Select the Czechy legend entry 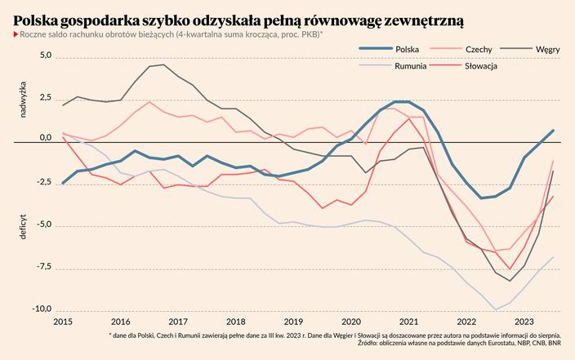[x=478, y=50]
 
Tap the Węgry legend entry [x=547, y=50]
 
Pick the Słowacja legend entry [x=482, y=65]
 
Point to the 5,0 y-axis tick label [x=45, y=56]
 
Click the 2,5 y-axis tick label [x=45, y=98]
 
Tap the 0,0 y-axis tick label [x=45, y=137]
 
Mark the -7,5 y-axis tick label [x=42, y=265]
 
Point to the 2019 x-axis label [x=294, y=322]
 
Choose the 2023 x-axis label [x=526, y=322]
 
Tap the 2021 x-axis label [x=410, y=322]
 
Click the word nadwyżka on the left [x=24, y=99]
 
